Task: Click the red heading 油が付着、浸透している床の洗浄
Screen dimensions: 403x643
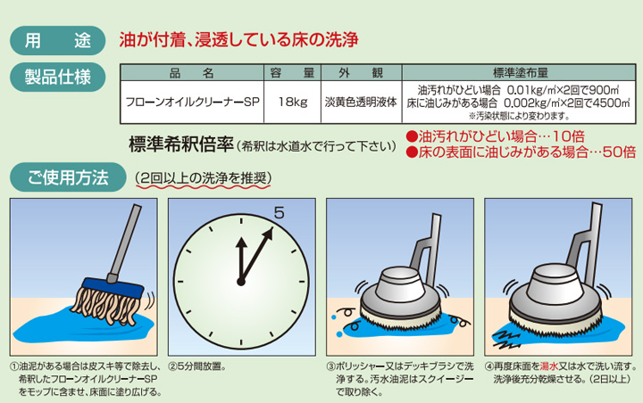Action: (238, 39)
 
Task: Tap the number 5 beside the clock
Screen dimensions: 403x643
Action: (279, 212)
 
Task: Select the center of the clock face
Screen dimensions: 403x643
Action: (240, 281)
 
